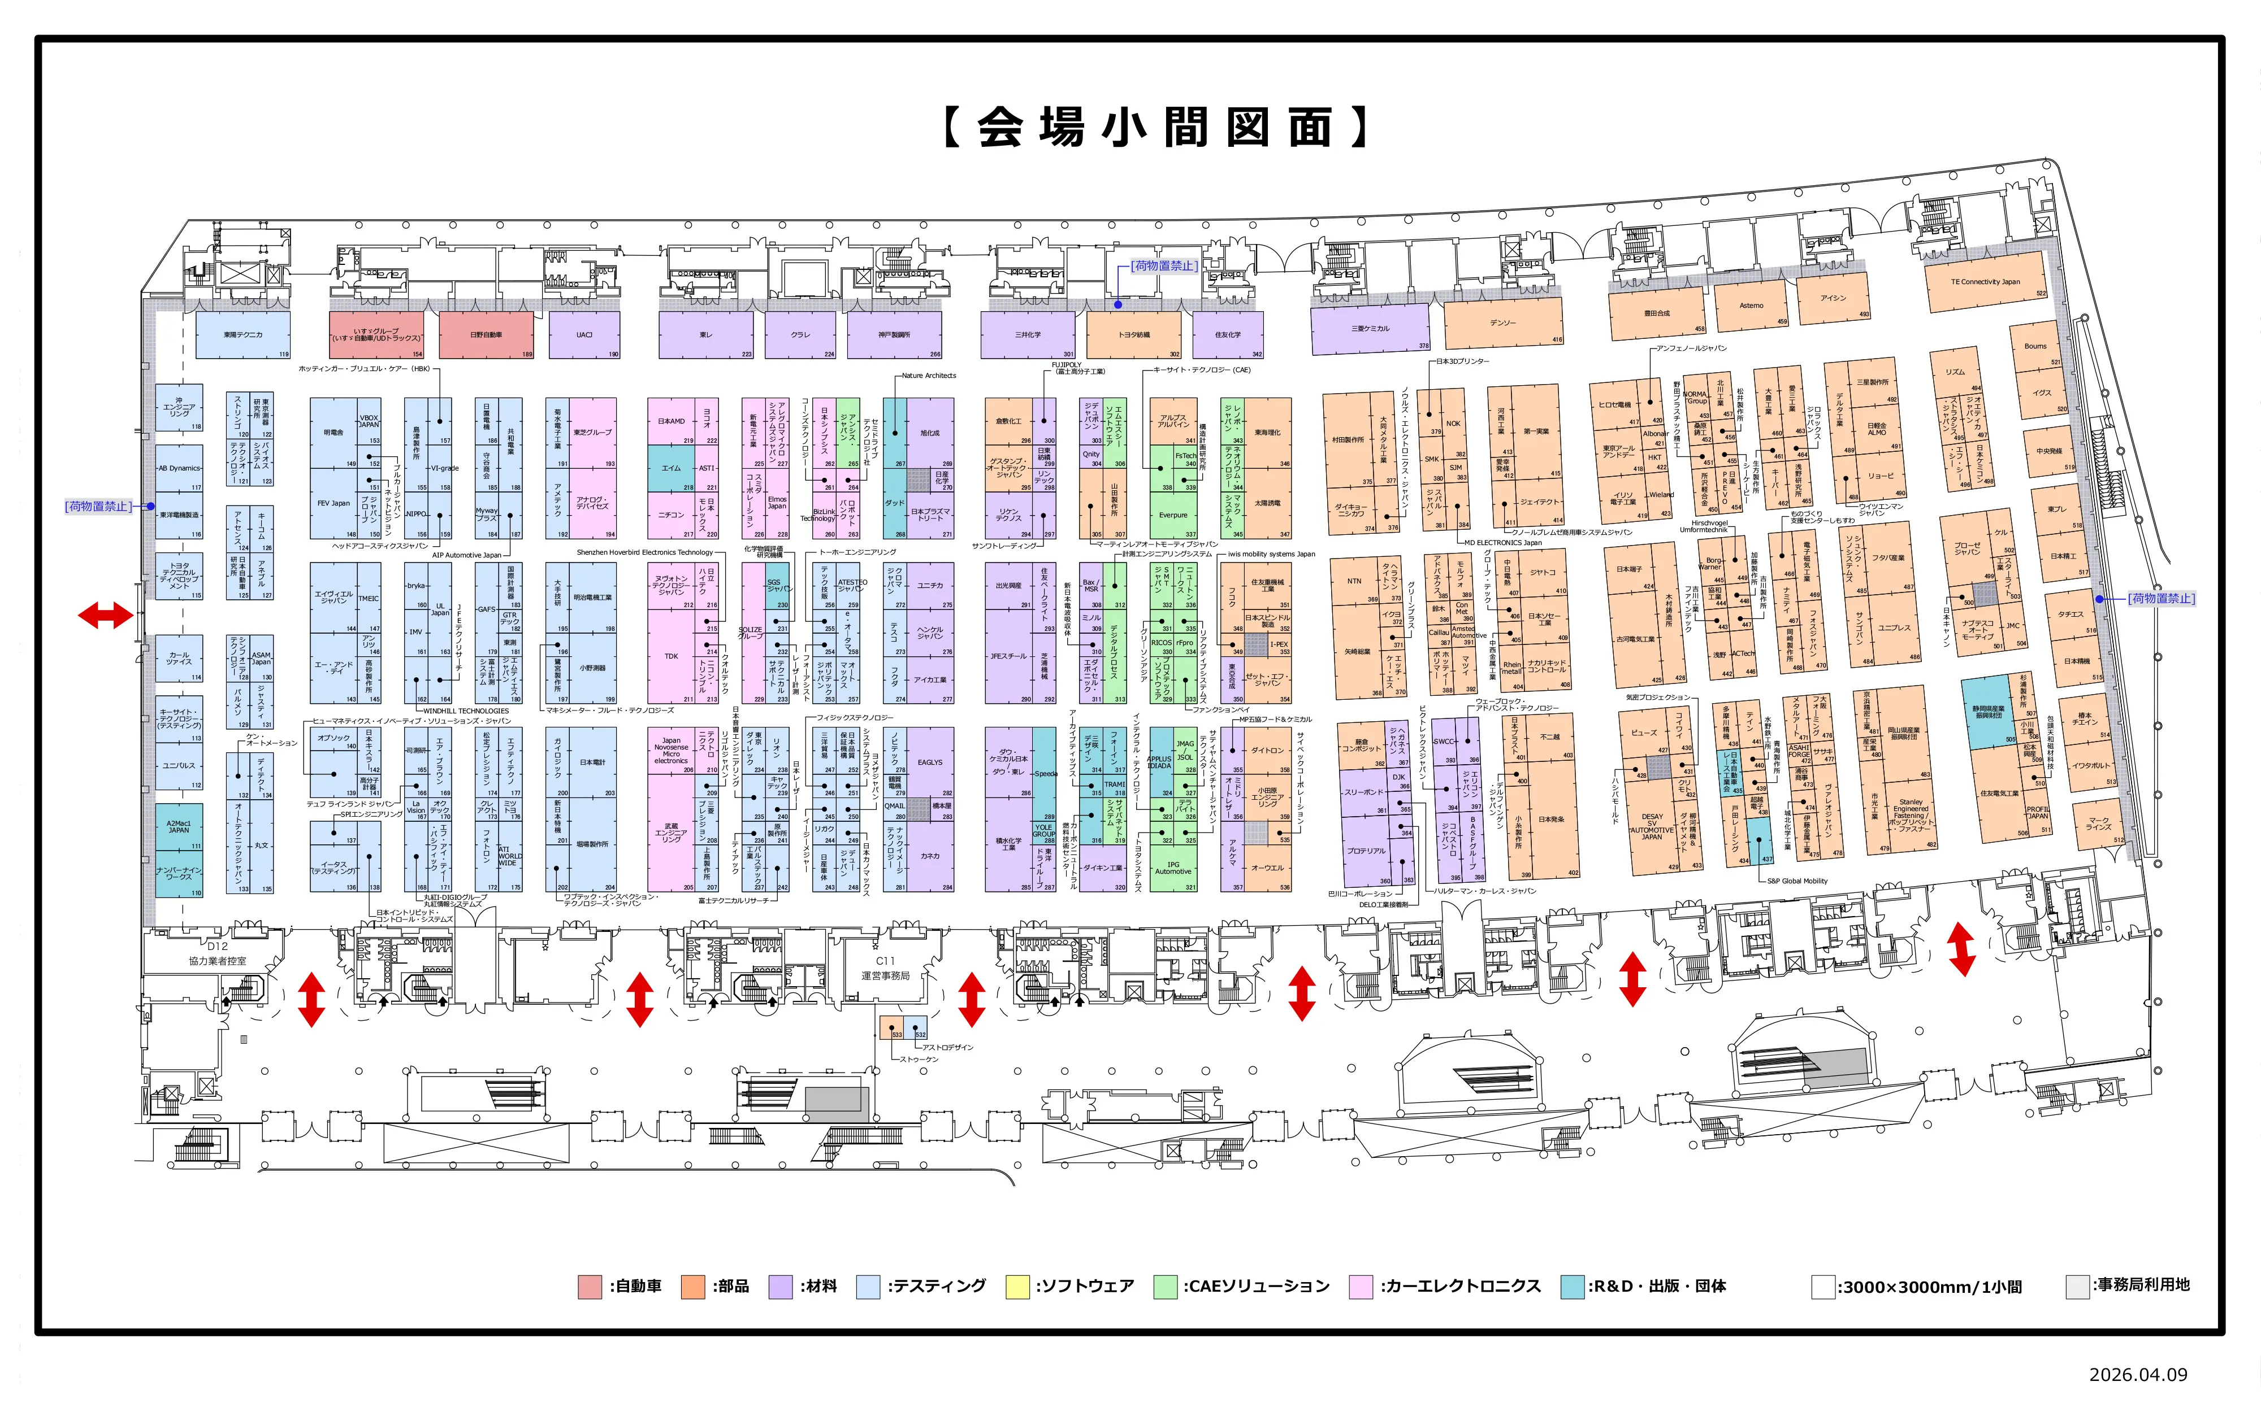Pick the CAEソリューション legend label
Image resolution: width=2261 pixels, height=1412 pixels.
pos(1257,1287)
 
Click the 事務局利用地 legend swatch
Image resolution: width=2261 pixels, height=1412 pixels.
pos(2077,1287)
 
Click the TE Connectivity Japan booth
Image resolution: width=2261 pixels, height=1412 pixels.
pos(1985,282)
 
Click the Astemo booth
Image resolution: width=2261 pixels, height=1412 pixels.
pos(1751,306)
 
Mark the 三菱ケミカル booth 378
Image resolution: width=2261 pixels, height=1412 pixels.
pos(1370,329)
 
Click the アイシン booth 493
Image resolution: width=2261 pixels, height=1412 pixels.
pos(1832,298)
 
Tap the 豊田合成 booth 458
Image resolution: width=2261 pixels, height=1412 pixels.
pos(1657,314)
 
